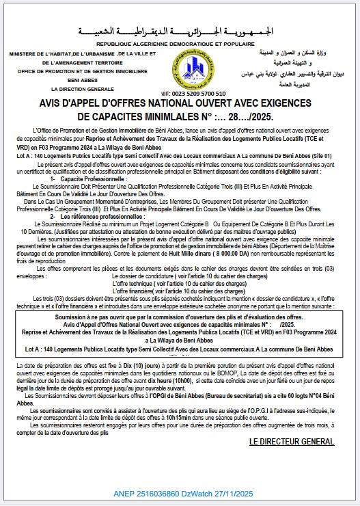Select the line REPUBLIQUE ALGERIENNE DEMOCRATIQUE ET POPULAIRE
point(180,42)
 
